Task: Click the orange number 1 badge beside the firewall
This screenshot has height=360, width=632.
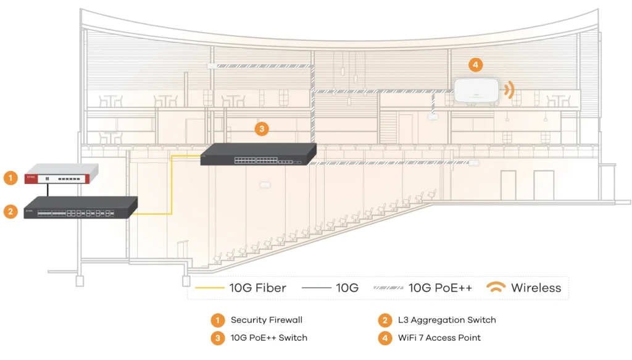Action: coord(10,178)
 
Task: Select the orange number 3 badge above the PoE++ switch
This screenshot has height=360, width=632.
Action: coord(262,128)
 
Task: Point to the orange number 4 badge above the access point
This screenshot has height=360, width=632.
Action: coord(474,64)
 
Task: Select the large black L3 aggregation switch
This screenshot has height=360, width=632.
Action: coord(80,208)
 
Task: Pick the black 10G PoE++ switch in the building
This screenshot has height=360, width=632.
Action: coord(258,155)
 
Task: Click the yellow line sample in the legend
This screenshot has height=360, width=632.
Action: coord(208,288)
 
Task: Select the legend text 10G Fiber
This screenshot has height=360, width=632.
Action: coord(257,288)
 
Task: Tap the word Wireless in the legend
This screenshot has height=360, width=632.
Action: coord(536,288)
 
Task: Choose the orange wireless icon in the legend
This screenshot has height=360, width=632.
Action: coord(496,288)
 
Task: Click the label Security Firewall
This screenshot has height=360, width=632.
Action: coord(267,320)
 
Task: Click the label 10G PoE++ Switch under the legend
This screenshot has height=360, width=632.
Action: coord(268,337)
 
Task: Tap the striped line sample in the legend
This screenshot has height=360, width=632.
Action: coord(388,288)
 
